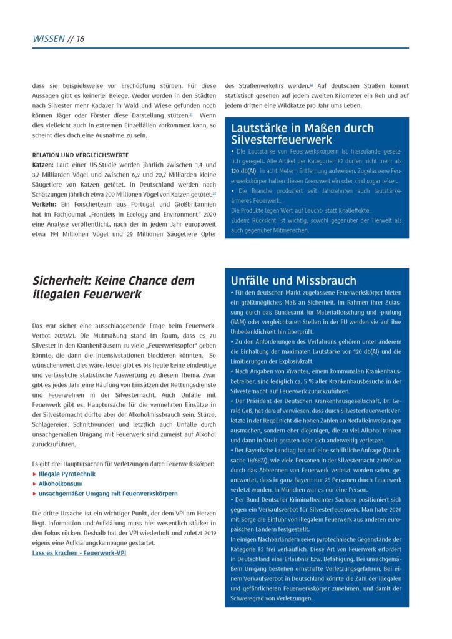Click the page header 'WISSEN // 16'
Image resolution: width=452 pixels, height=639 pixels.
58,39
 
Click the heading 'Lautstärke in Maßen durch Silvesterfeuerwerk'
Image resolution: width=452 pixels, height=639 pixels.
302,134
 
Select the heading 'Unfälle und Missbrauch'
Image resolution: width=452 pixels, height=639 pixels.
293,280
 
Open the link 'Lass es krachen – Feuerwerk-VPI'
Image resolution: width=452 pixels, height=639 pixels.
79,552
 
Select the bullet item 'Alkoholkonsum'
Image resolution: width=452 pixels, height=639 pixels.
60,483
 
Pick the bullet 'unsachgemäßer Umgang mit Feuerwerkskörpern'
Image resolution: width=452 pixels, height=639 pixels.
107,493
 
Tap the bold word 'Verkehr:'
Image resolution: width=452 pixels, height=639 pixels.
45,204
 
